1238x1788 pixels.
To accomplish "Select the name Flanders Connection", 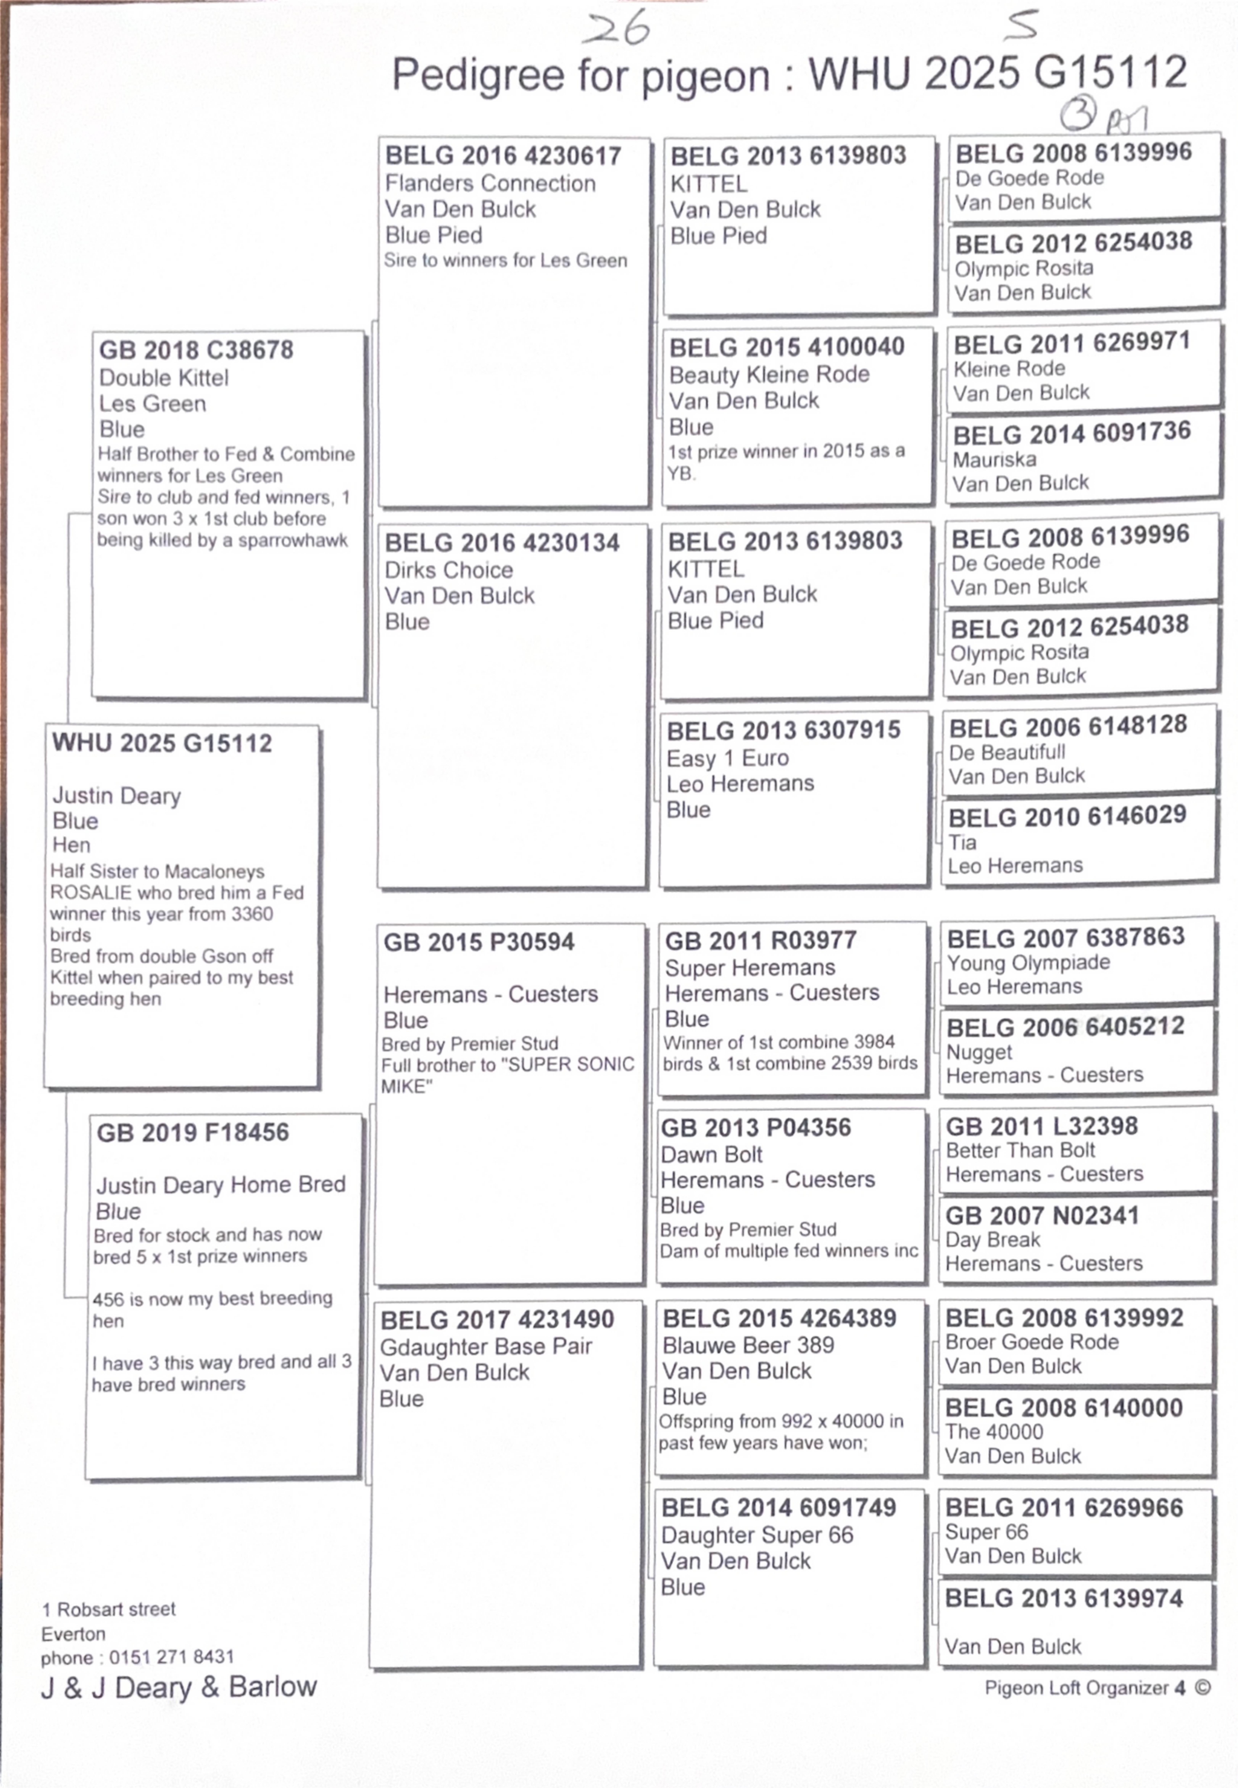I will coord(490,184).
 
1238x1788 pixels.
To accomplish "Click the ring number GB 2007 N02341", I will coord(1042,1216).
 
